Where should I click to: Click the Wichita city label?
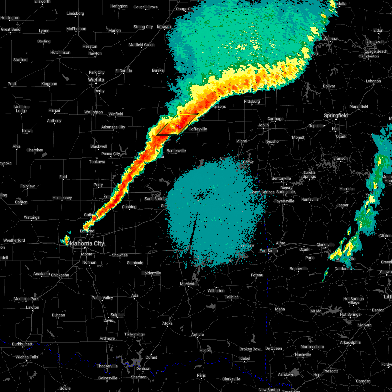96,80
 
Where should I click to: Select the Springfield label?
336,116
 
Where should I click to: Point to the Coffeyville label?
198,129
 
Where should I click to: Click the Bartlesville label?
176,151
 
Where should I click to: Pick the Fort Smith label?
269,251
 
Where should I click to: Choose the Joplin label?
263,125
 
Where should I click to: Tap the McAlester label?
189,284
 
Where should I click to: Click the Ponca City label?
111,154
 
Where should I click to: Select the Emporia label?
164,27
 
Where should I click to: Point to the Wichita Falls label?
27,357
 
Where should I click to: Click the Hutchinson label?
60,53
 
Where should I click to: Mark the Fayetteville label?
284,201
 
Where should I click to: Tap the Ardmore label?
107,338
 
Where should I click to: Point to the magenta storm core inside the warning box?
179,126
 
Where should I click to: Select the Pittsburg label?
252,102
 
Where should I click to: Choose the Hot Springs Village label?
353,301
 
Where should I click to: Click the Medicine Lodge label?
22,109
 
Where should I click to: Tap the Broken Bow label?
250,349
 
